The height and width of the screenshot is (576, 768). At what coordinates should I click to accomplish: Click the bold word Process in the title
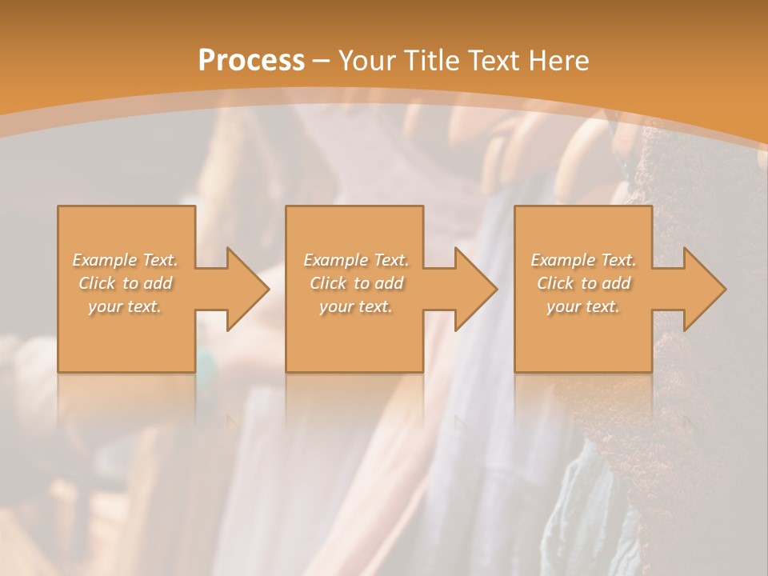coord(251,61)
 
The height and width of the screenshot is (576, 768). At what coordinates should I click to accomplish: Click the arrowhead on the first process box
coord(245,289)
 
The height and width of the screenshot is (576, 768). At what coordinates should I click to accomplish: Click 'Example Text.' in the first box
coord(126,260)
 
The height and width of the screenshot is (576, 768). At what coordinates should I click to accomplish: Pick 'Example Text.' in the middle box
coord(356,260)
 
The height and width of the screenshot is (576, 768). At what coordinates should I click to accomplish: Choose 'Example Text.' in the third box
coord(583,260)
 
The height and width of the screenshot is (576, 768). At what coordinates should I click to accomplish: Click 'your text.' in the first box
coord(126,306)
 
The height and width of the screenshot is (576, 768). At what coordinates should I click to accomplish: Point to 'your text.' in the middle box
coord(356,306)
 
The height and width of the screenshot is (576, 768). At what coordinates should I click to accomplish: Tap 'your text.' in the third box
coord(583,306)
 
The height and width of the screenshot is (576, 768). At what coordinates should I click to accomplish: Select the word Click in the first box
coord(96,283)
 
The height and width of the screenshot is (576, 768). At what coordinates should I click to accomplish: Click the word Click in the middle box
coord(327,283)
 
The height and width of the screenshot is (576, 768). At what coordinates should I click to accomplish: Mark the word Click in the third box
coord(554,283)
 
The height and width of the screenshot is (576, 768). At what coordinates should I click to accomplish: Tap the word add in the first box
coord(158,283)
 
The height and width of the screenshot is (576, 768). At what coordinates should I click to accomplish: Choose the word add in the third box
coord(617,283)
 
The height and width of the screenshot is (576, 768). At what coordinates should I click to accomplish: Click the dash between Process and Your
coord(321,61)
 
